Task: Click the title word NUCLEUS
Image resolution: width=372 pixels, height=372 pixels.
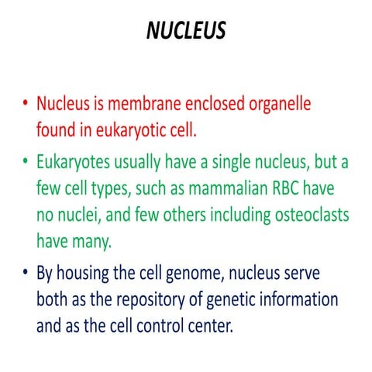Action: coord(185,32)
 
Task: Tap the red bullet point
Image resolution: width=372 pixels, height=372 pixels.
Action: coord(26,104)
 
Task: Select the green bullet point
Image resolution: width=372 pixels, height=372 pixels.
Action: coord(26,162)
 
